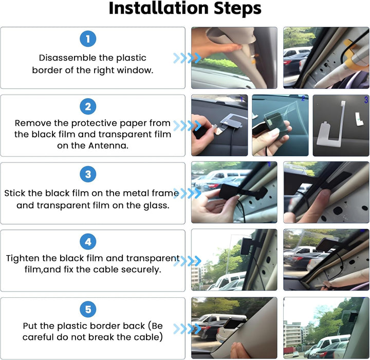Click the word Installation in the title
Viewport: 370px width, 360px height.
pyautogui.click(x=159, y=8)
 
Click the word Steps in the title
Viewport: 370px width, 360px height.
pyautogui.click(x=237, y=9)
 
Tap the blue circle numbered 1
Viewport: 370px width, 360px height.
pyautogui.click(x=88, y=39)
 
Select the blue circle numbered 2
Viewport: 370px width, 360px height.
pyautogui.click(x=88, y=106)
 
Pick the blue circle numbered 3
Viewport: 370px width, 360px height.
pyautogui.click(x=88, y=174)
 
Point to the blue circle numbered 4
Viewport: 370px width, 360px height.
pyautogui.click(x=88, y=242)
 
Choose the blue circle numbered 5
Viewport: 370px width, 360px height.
pyautogui.click(x=88, y=310)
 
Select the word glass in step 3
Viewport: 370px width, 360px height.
pyautogui.click(x=156, y=206)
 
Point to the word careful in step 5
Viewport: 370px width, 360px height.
pyautogui.click(x=38, y=337)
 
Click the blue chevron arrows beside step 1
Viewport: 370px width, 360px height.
pyautogui.click(x=188, y=58)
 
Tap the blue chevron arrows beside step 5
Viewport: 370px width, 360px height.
pyautogui.click(x=188, y=329)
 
